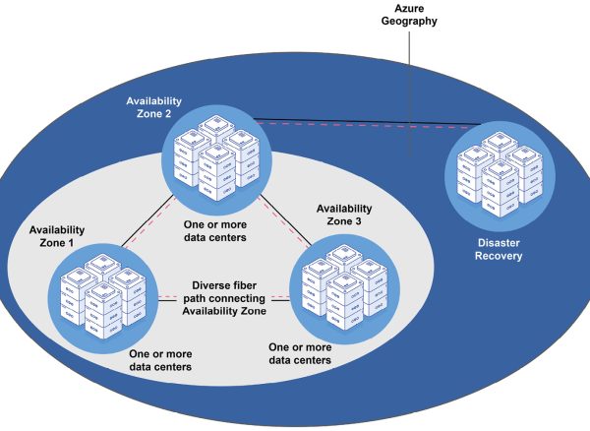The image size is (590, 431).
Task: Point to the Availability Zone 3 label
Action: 343,215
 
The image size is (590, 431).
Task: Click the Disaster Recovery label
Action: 493,250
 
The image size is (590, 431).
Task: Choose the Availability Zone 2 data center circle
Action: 216,156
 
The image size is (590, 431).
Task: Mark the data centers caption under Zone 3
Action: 300,354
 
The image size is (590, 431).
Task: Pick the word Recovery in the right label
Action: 493,257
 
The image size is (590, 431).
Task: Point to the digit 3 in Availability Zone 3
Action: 368,221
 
